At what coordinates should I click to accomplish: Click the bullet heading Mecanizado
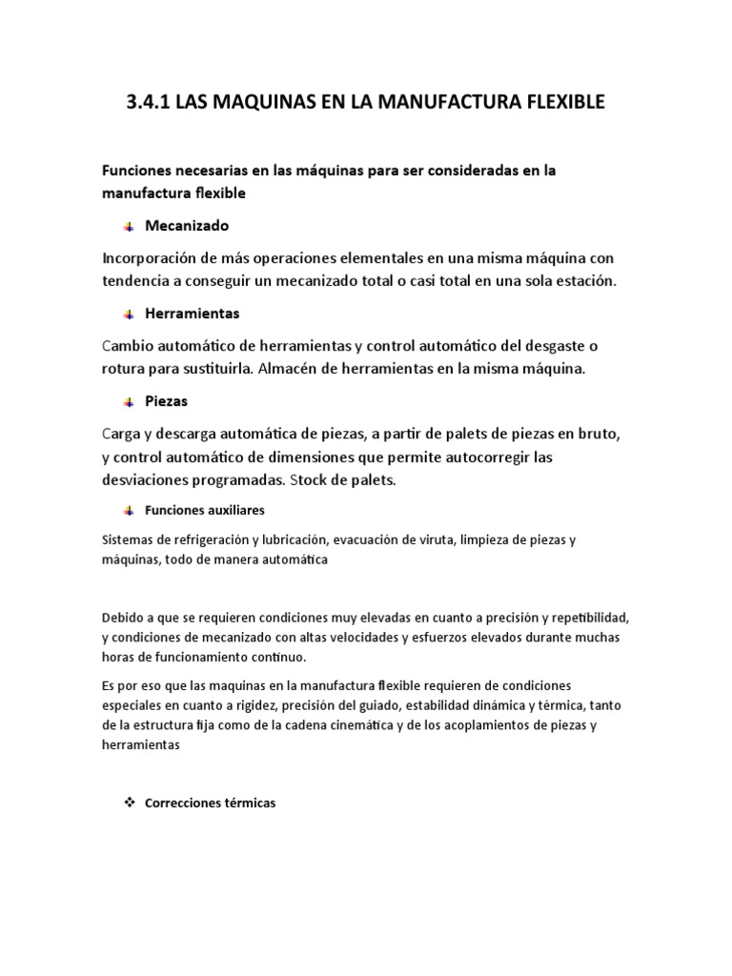187,226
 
